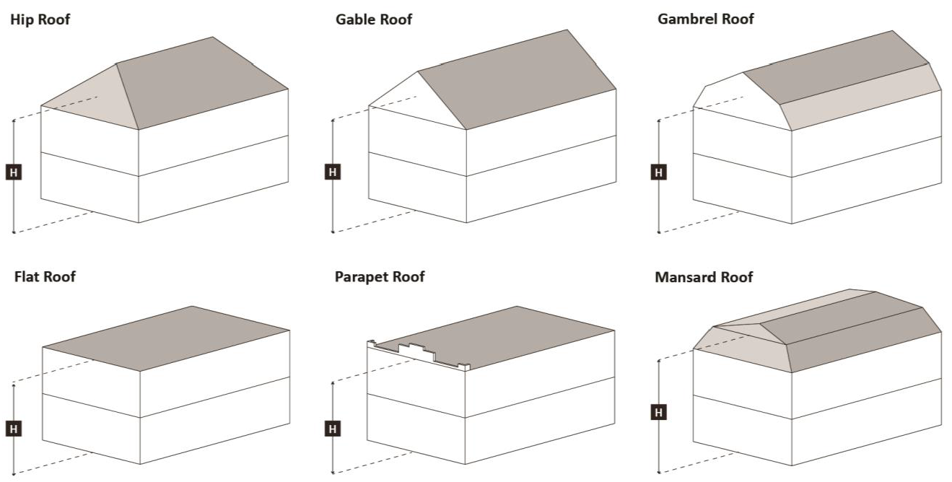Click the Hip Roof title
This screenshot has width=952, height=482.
[x=40, y=19]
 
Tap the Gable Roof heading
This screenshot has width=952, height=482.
[x=374, y=19]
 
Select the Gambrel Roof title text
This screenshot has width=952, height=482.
[x=705, y=19]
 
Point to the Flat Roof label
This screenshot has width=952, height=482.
[x=45, y=276]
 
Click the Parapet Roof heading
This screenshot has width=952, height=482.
[x=380, y=276]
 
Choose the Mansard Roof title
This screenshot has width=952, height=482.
[x=704, y=277]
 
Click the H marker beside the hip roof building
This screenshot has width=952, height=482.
[x=14, y=172]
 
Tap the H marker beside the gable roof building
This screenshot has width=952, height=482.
[x=332, y=172]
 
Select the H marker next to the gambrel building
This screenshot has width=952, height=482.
[x=659, y=172]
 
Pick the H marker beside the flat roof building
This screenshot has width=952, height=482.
[x=14, y=429]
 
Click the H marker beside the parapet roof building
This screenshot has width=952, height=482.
[x=332, y=429]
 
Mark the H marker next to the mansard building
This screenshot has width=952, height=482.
[x=659, y=412]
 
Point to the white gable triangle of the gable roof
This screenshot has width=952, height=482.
[x=418, y=103]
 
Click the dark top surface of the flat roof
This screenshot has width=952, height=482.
[x=166, y=338]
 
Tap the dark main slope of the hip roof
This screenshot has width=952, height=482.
[x=202, y=83]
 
